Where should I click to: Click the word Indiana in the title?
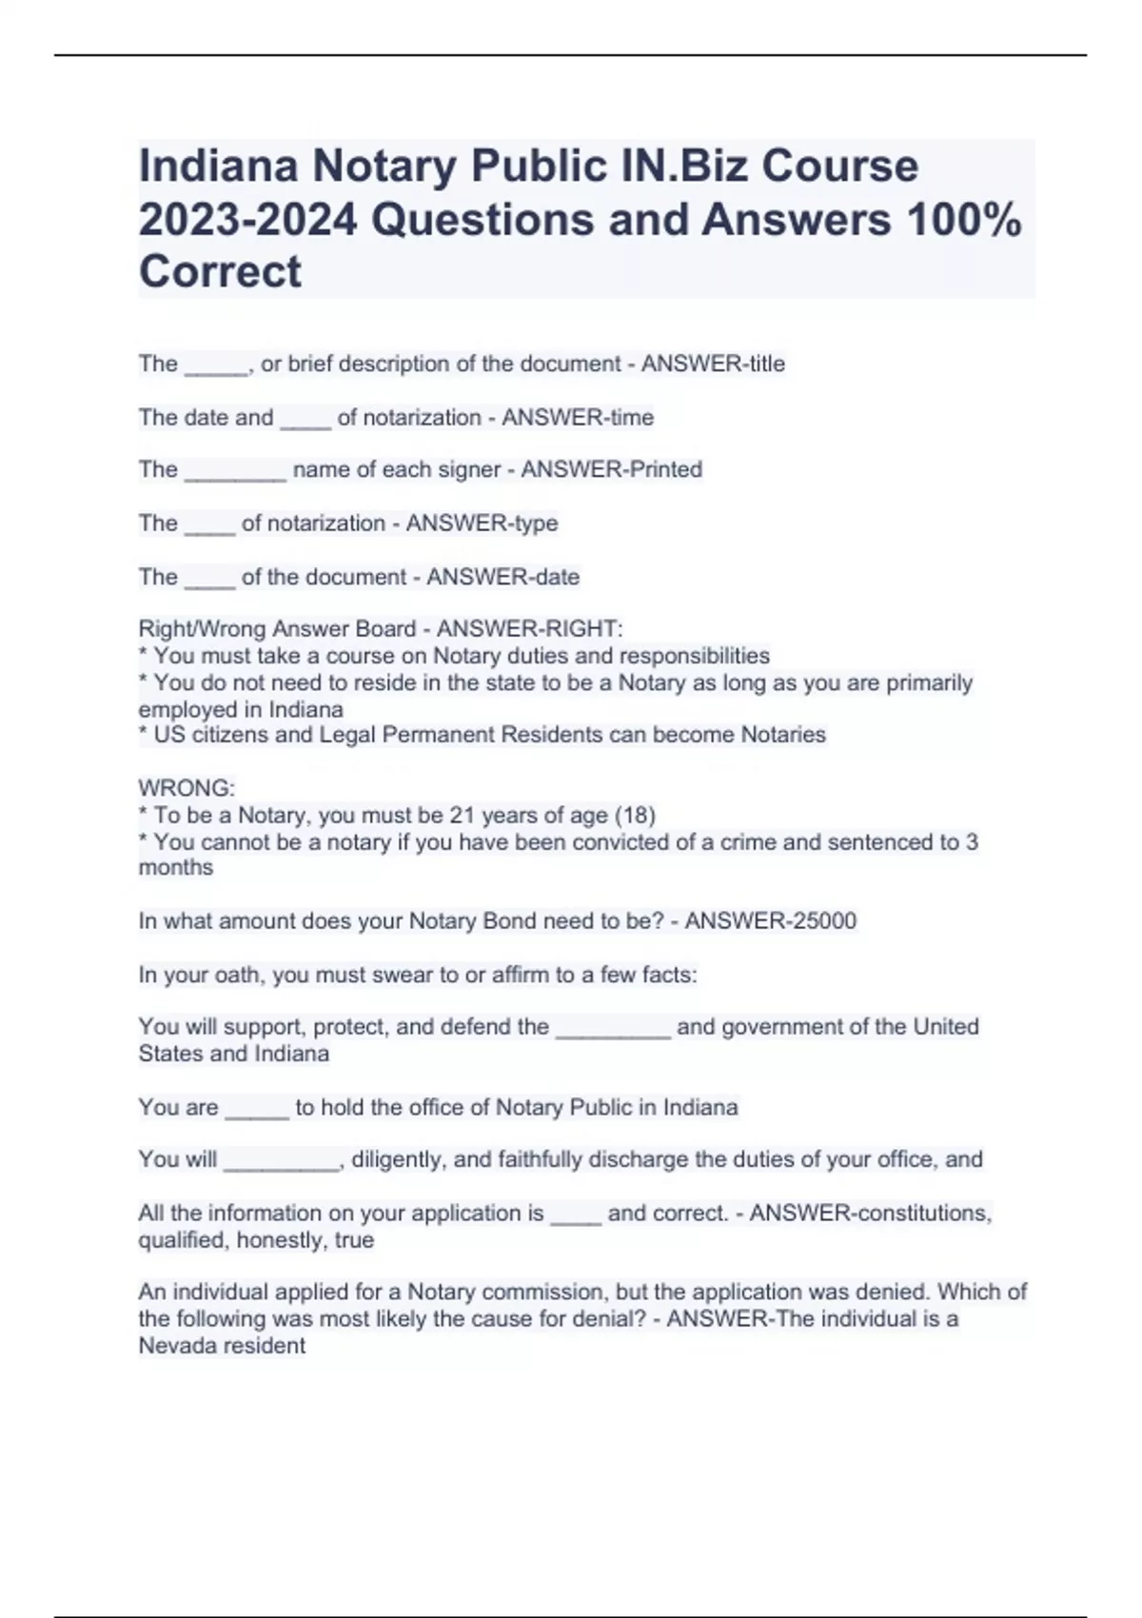[218, 166]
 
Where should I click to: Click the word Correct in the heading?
[220, 272]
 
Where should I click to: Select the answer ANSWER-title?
[713, 364]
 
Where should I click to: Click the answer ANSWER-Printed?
[612, 469]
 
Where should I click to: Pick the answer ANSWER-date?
[502, 577]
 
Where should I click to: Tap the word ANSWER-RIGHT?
[530, 629]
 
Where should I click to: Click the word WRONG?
[187, 788]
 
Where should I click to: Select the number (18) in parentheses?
[635, 815]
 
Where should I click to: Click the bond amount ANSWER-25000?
[771, 920]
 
